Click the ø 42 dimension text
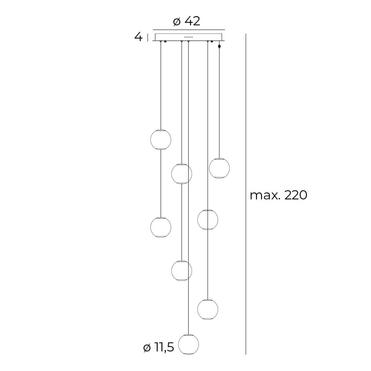(187, 22)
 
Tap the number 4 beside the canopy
(138, 37)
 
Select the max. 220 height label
(279, 196)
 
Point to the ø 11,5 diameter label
(159, 348)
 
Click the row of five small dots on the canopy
(188, 37)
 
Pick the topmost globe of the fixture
(161, 139)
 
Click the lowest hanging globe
(188, 344)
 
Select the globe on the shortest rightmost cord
(219, 168)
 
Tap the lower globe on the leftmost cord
(161, 227)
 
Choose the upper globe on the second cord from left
(181, 173)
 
